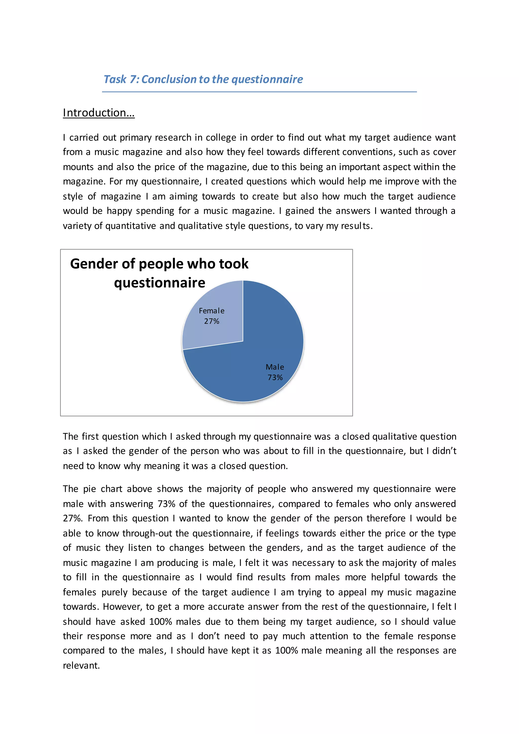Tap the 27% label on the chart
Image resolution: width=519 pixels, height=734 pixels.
pos(212,321)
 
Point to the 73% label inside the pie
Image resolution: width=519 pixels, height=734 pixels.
pos(275,378)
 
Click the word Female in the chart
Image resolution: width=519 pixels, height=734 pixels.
pos(212,311)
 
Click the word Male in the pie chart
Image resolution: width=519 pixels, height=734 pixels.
pos(275,367)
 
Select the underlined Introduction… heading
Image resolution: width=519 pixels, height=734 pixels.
pos(99,113)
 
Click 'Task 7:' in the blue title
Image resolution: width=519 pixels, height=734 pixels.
pos(121,79)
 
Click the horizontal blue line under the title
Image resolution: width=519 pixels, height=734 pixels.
pos(259,92)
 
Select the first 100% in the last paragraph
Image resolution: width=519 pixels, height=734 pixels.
pos(160,621)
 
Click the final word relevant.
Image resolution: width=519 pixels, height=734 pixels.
pos(81,666)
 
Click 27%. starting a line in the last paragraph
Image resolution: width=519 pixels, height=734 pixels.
pos(72,518)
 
